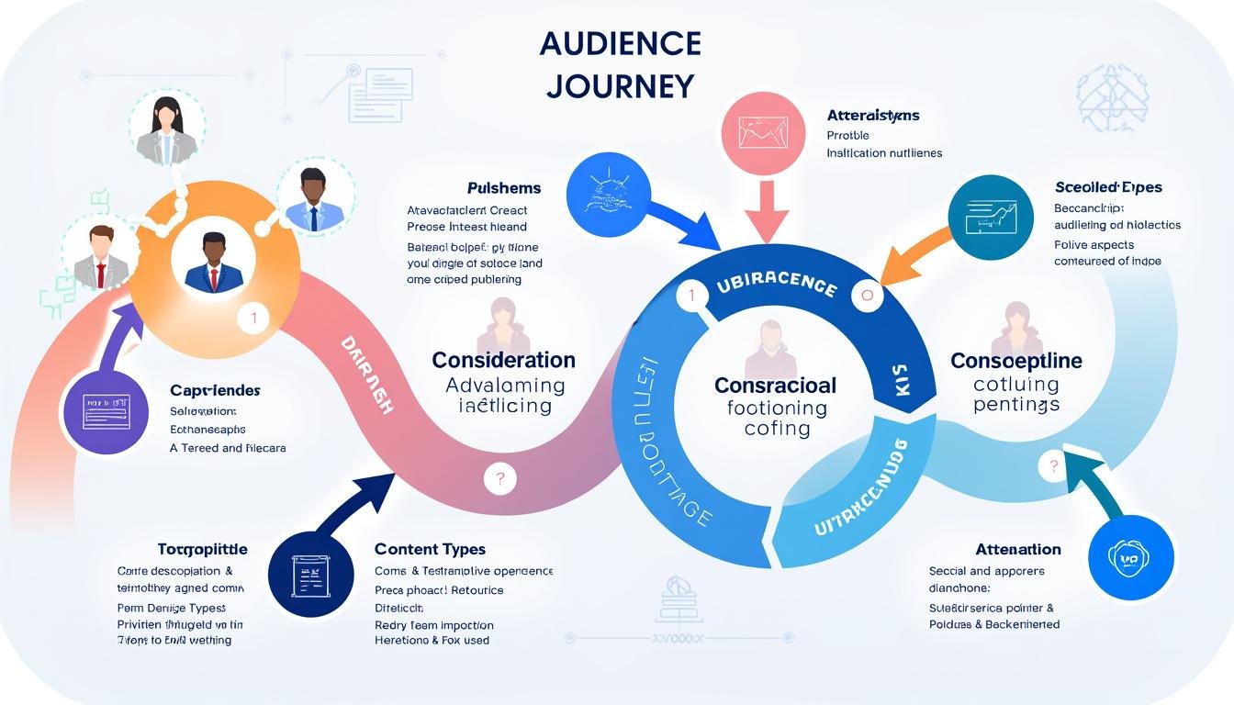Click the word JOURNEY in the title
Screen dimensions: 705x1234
tap(620, 85)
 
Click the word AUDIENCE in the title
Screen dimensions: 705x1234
tap(620, 43)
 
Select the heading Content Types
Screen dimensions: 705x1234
tap(430, 549)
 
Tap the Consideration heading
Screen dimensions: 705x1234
tap(504, 360)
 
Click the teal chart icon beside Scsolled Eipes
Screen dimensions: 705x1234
tap(990, 217)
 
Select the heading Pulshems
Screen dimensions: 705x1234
tap(504, 188)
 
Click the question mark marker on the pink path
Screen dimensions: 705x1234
tap(500, 477)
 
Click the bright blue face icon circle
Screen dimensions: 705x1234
tap(1130, 556)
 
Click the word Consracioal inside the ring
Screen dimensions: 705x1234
tap(775, 386)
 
